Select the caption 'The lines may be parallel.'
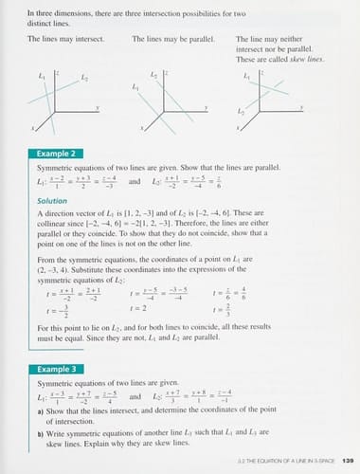pos(168,39)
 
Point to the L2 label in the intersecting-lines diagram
pos(85,77)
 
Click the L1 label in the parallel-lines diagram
pos(136,87)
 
